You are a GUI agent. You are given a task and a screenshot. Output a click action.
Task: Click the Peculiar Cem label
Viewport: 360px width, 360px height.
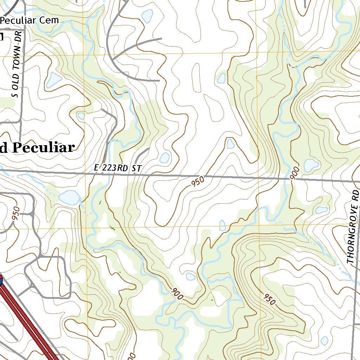tap(30, 20)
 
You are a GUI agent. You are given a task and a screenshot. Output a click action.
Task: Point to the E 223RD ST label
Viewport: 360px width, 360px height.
tap(118, 168)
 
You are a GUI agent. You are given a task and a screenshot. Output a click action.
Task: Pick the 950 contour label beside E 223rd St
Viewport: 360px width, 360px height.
tap(198, 182)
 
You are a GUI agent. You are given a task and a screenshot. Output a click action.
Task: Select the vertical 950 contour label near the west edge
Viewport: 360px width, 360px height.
tap(16, 213)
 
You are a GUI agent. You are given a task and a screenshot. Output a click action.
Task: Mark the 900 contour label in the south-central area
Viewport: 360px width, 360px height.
tap(178, 294)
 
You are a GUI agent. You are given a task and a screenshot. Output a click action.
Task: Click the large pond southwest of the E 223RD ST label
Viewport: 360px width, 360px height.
tap(69, 197)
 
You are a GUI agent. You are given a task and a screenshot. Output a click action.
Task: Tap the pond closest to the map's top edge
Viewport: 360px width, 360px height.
tap(147, 15)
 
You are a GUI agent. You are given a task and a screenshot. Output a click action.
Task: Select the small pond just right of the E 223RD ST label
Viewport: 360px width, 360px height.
tap(165, 158)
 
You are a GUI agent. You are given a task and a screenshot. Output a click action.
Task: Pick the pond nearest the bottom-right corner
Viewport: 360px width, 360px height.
tap(324, 340)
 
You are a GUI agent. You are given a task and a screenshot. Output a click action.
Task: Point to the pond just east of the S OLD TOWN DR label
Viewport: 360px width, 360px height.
tap(54, 80)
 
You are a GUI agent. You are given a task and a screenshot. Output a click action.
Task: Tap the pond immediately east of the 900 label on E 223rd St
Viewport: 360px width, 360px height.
tap(311, 165)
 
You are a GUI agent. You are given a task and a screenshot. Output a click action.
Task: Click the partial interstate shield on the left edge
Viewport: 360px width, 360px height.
tap(1, 280)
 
